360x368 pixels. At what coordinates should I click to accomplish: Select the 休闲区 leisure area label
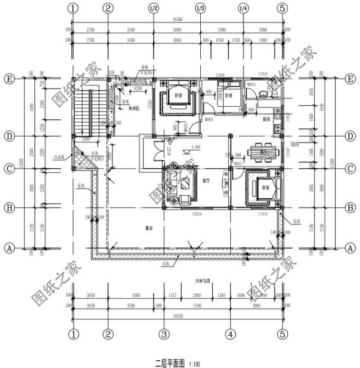pyautogui.click(x=134, y=108)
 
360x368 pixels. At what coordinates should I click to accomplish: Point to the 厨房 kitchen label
pyautogui.click(x=268, y=119)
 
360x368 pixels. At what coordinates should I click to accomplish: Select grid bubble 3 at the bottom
pyautogui.click(x=164, y=333)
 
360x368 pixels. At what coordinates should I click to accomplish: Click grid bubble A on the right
pyautogui.click(x=350, y=248)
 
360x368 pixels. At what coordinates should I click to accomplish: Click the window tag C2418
pyautogui.click(x=197, y=214)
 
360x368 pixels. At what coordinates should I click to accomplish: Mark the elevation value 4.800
pyautogui.click(x=196, y=147)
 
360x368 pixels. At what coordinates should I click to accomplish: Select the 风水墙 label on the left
pyautogui.click(x=58, y=150)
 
